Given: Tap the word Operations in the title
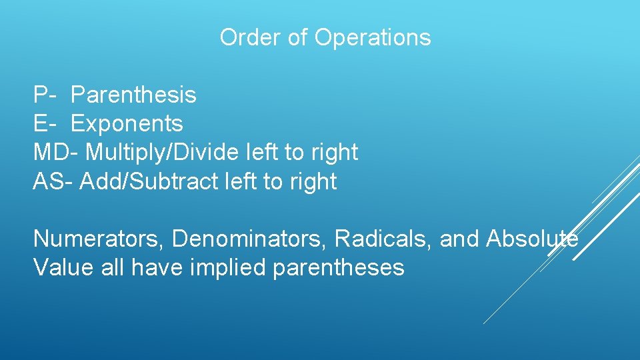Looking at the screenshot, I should [x=373, y=38].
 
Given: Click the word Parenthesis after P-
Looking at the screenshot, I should [x=133, y=95].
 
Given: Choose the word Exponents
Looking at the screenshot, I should [x=127, y=124].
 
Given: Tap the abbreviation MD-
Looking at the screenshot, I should [x=56, y=152].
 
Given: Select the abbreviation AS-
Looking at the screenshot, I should [x=53, y=181].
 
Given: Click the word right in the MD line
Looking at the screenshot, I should [x=334, y=153].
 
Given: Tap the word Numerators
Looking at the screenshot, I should [x=99, y=239].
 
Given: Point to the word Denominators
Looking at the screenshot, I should [x=250, y=239].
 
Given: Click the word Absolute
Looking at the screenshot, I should [x=532, y=239].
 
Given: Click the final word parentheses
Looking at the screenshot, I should [x=339, y=268].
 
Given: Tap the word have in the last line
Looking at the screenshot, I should [x=157, y=267].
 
